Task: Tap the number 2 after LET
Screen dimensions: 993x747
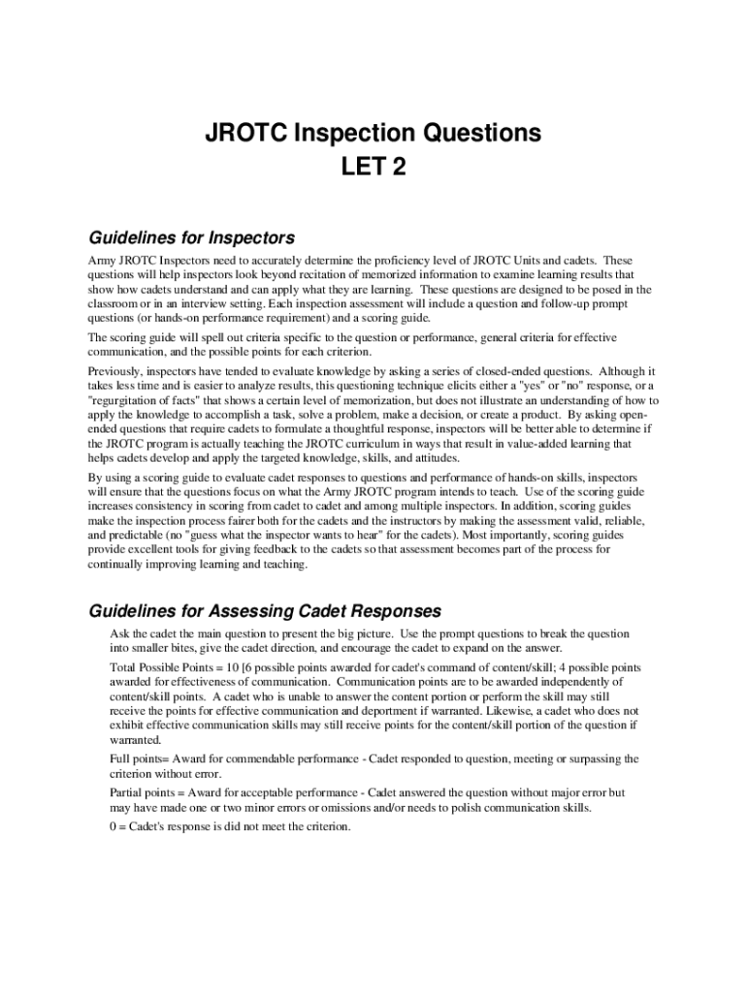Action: point(398,169)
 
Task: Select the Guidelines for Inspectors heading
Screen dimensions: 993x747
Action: point(192,238)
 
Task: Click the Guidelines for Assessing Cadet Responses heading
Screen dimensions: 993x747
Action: point(266,611)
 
